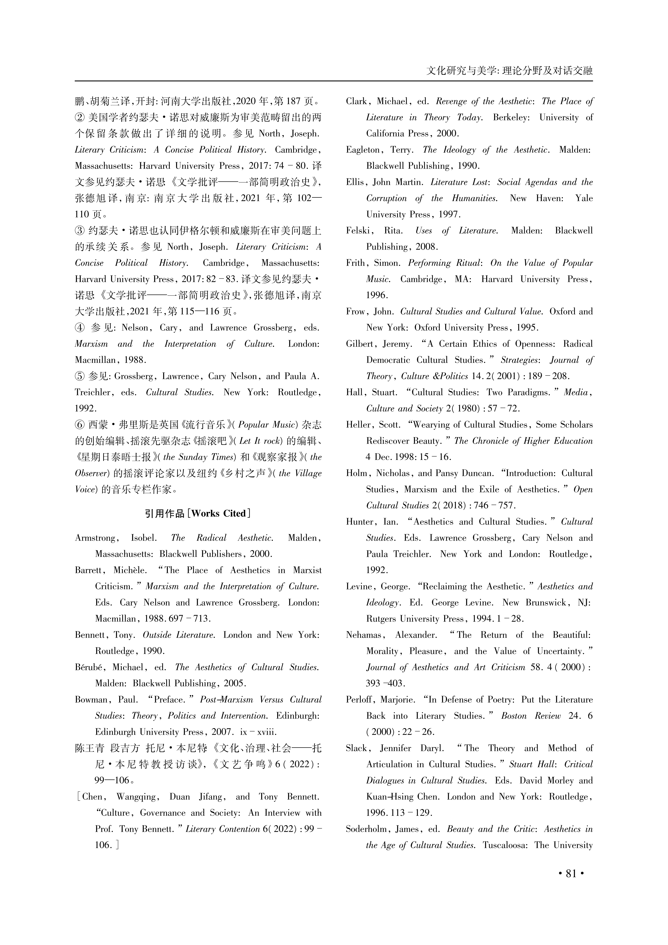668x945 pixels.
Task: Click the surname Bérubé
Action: pos(89,667)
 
